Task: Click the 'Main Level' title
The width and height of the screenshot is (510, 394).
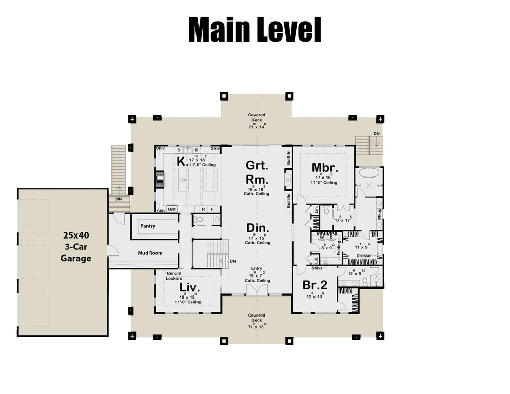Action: pyautogui.click(x=254, y=30)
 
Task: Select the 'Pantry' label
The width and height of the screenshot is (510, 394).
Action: pyautogui.click(x=148, y=226)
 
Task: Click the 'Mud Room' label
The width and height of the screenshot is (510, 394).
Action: pyautogui.click(x=150, y=253)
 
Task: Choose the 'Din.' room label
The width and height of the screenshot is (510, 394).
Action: pyautogui.click(x=257, y=228)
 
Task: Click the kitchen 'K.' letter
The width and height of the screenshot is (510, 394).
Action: pyautogui.click(x=181, y=161)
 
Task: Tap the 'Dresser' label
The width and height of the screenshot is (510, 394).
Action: pyautogui.click(x=364, y=255)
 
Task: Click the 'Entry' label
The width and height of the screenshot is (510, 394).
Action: pyautogui.click(x=257, y=269)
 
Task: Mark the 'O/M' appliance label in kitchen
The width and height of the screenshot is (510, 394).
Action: pyautogui.click(x=172, y=209)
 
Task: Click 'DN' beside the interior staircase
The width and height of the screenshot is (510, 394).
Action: pyautogui.click(x=232, y=261)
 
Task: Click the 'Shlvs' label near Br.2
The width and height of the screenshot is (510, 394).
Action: pyautogui.click(x=316, y=268)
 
